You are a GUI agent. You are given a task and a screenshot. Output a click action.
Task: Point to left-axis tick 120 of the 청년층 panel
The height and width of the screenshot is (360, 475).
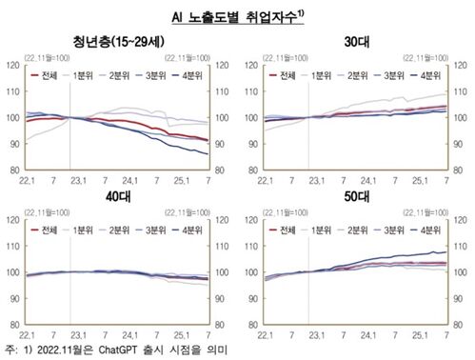[x=13, y=65]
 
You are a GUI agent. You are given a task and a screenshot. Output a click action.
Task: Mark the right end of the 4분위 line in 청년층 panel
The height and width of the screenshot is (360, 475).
[x=208, y=154]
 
